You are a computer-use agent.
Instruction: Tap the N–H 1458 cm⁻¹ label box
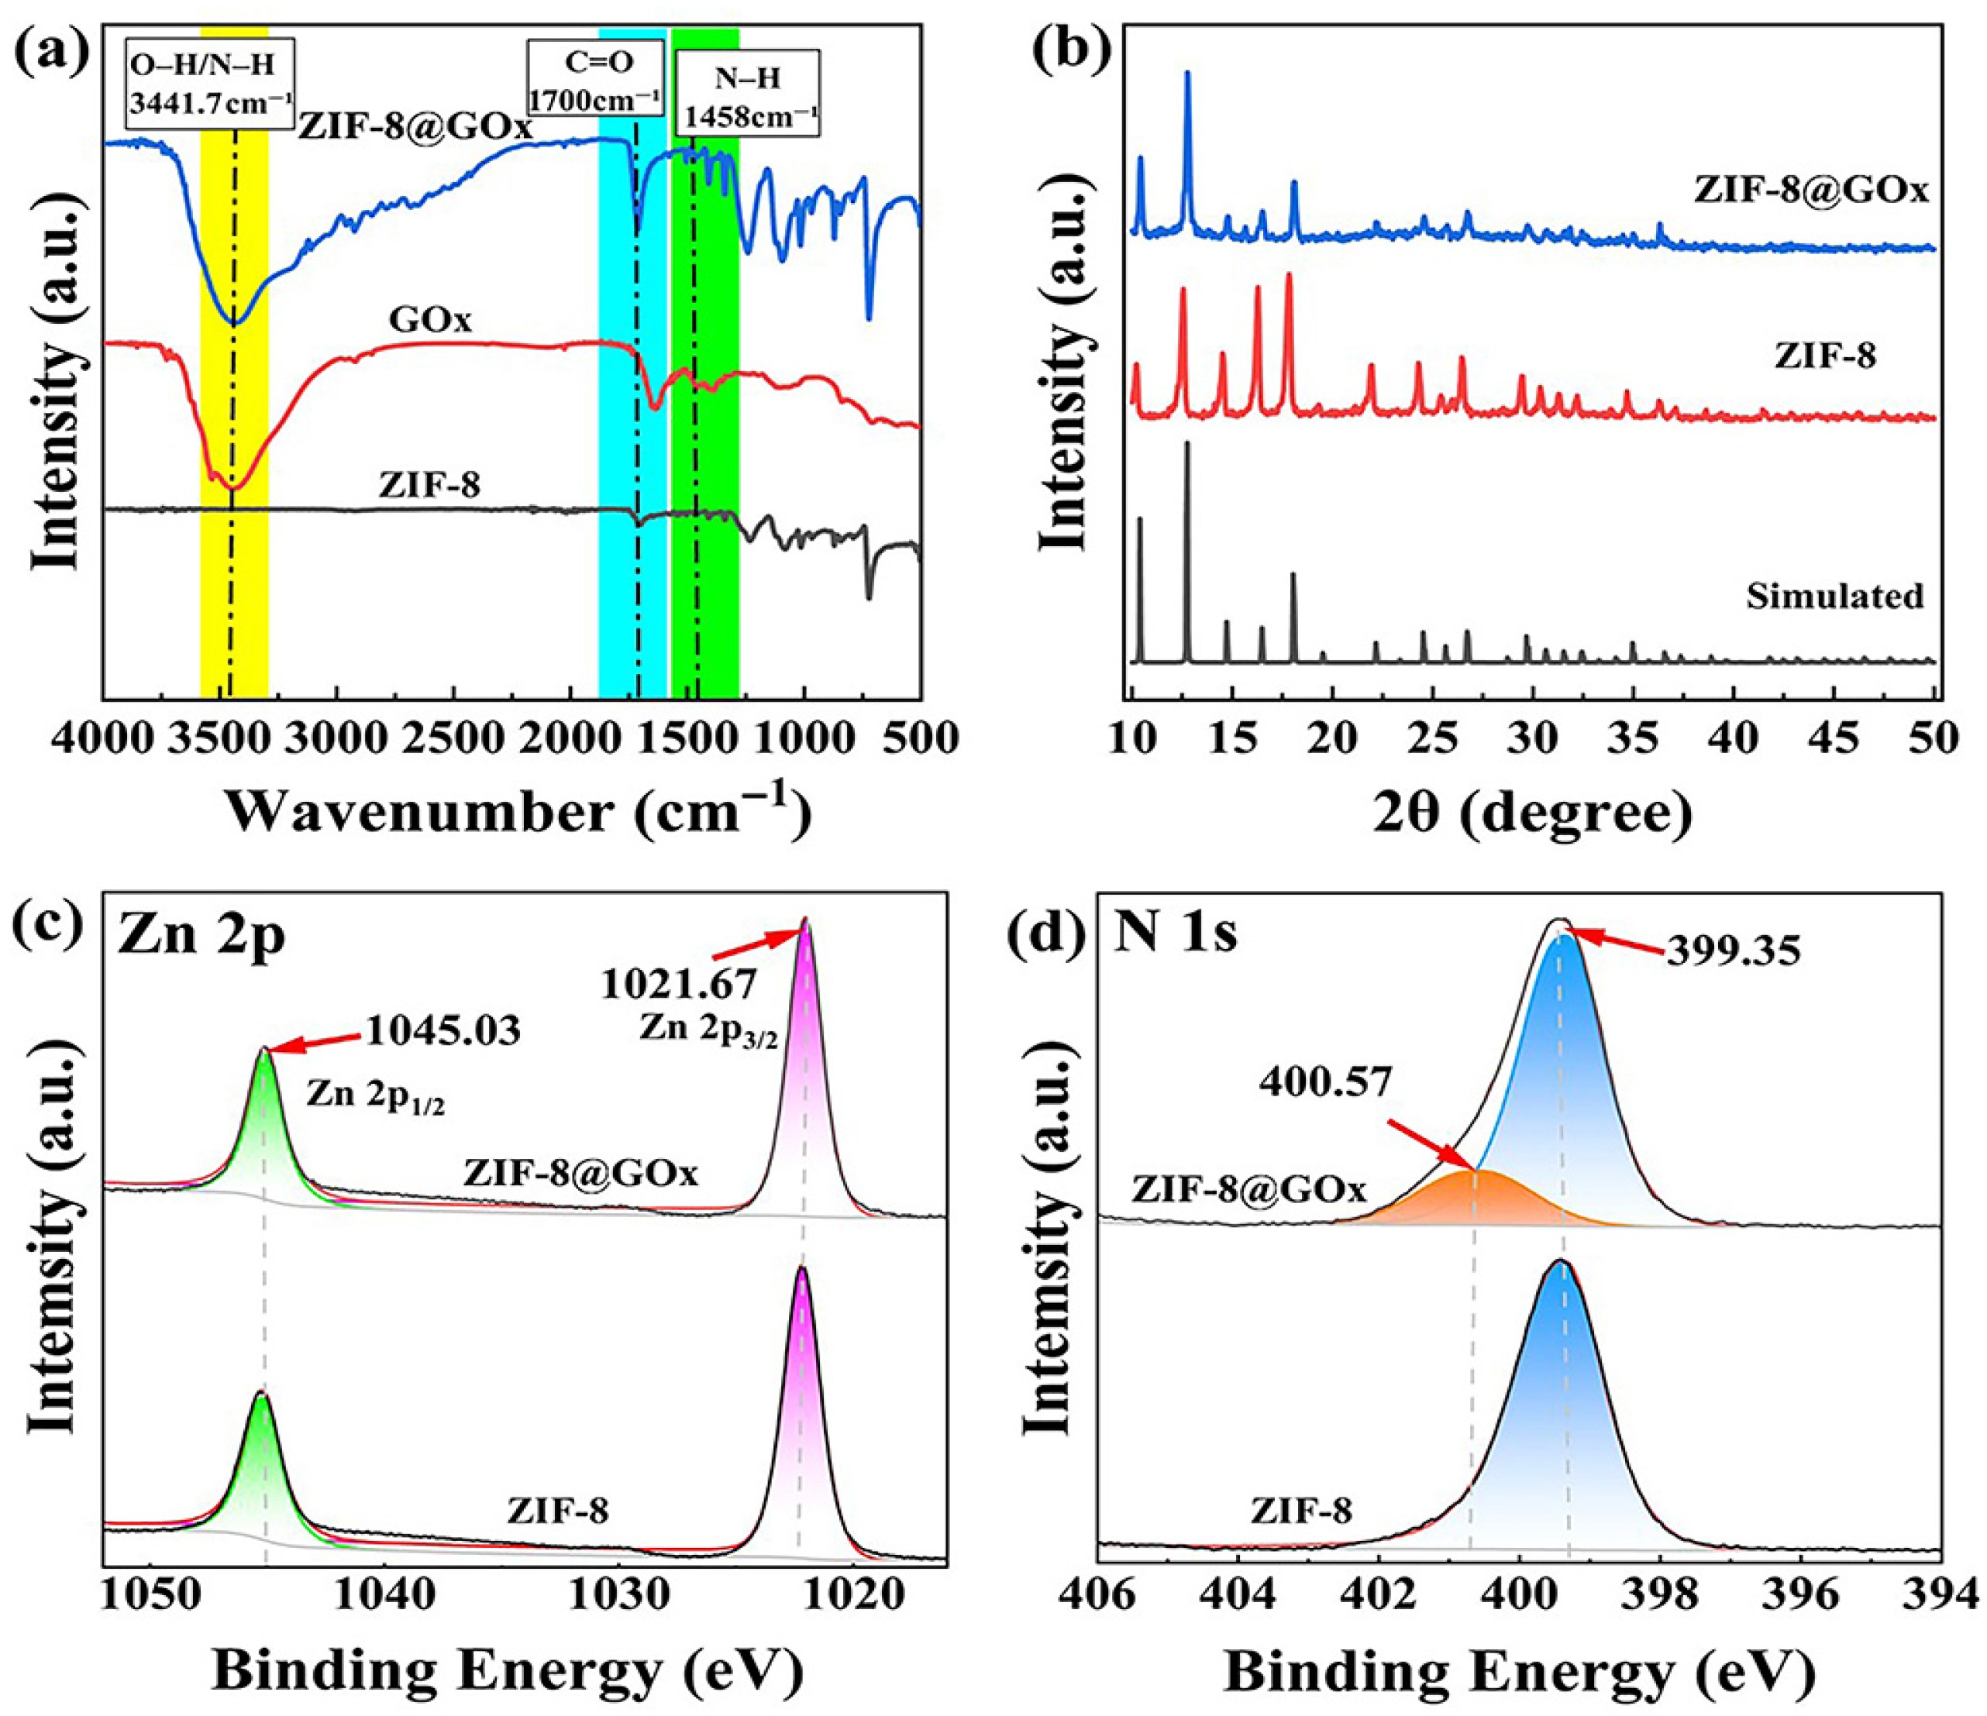tap(748, 92)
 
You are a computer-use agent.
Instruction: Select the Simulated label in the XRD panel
tap(1834, 597)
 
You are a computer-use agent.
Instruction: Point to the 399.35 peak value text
tap(1733, 950)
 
